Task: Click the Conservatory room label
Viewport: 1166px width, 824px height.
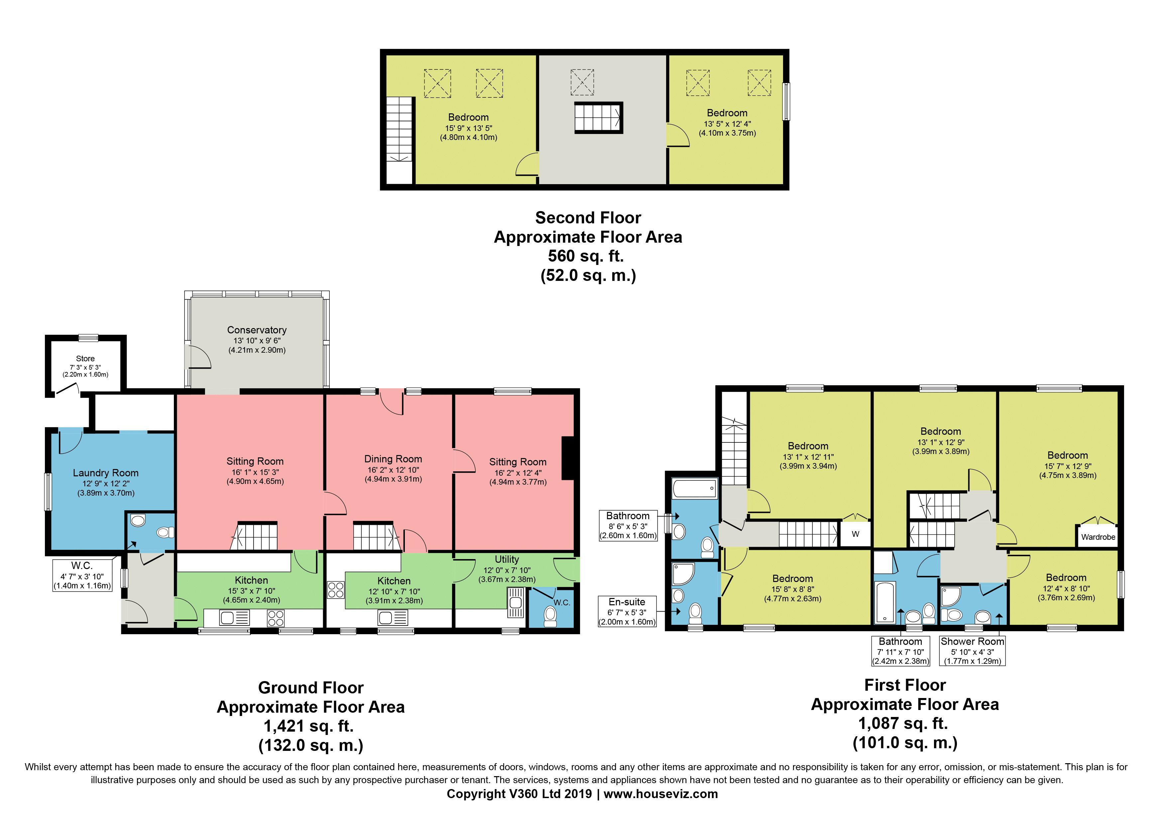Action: point(257,330)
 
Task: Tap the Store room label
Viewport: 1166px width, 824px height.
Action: point(85,358)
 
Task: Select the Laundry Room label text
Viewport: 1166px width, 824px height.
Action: point(106,473)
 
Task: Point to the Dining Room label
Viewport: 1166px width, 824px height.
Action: point(393,459)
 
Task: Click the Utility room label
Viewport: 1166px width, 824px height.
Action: point(507,559)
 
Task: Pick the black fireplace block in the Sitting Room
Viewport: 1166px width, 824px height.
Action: point(568,458)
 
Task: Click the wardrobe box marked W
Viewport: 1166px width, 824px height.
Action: point(855,533)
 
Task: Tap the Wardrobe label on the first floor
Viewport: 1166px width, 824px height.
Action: point(1098,537)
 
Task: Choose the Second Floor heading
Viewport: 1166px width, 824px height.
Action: point(588,218)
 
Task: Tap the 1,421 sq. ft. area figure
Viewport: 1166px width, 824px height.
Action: point(308,726)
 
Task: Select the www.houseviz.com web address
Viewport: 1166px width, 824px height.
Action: point(661,794)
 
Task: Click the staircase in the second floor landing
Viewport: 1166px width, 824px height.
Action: point(598,118)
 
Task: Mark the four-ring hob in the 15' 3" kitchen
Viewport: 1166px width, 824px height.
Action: point(276,618)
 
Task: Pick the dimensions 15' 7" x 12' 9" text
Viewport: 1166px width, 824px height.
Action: point(1068,466)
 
